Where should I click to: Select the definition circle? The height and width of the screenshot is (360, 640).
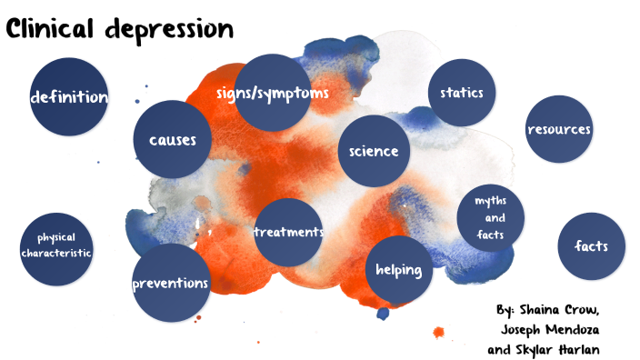[69, 97]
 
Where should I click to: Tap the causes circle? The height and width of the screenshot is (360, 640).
[173, 140]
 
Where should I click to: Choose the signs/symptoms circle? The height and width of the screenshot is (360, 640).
[273, 94]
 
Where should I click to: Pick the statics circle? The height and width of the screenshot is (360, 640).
[461, 93]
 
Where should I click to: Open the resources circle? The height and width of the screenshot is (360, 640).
[559, 129]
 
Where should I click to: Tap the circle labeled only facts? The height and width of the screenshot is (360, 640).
[590, 246]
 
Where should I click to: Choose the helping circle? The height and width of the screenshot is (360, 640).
[398, 270]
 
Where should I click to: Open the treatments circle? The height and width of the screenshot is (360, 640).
[289, 232]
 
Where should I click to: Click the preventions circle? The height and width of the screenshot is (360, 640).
[171, 283]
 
